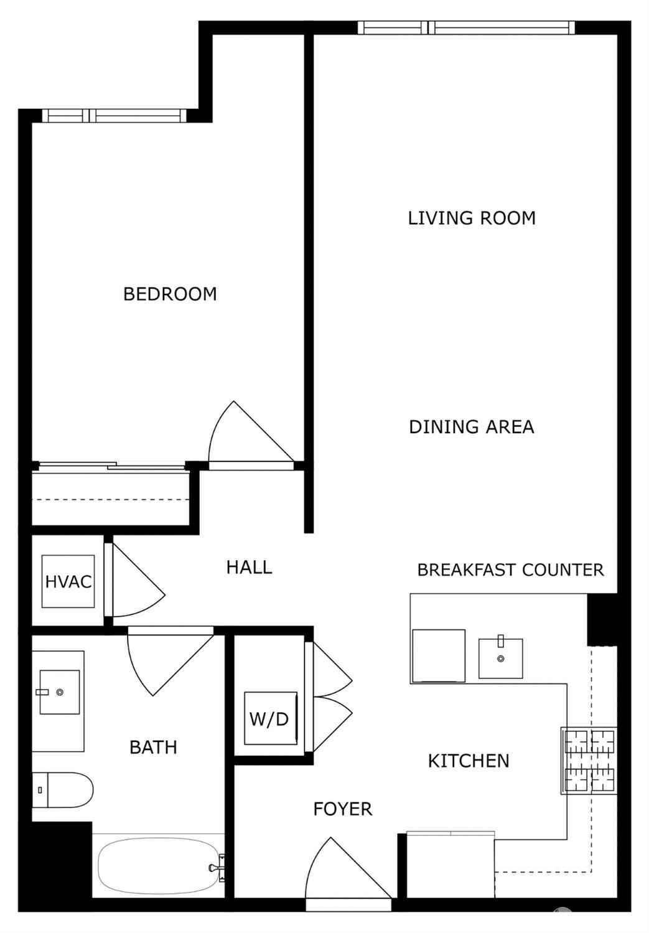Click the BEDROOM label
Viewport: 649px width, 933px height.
170,294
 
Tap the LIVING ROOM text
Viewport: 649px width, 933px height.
472,218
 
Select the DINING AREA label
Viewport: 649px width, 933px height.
471,427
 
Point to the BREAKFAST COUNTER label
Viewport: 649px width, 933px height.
510,570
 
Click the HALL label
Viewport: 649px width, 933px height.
249,567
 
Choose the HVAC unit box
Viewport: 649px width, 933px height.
68,581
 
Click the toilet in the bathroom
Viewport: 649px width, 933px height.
62,790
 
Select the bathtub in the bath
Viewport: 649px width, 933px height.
159,866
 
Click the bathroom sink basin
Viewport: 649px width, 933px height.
59,692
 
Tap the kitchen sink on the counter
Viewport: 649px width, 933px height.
500,658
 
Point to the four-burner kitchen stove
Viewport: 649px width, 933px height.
589,761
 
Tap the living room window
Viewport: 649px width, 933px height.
465,27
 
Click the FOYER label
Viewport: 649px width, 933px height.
342,809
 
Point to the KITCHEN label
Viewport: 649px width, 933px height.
468,761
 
